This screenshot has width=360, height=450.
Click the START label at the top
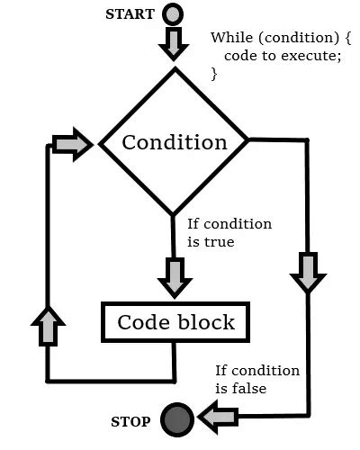(130, 15)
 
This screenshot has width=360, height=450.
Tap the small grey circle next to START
(173, 15)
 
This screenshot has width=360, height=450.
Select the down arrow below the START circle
(173, 42)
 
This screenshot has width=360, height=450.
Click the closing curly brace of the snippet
(214, 74)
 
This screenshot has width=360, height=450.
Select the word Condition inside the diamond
(175, 142)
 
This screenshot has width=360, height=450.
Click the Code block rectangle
(175, 322)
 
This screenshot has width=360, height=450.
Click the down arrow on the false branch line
(308, 271)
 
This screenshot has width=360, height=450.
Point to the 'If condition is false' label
(256, 379)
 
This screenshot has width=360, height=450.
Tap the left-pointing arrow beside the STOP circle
(219, 417)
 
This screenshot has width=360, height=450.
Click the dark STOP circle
(176, 418)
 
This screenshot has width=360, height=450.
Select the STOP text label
(130, 420)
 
